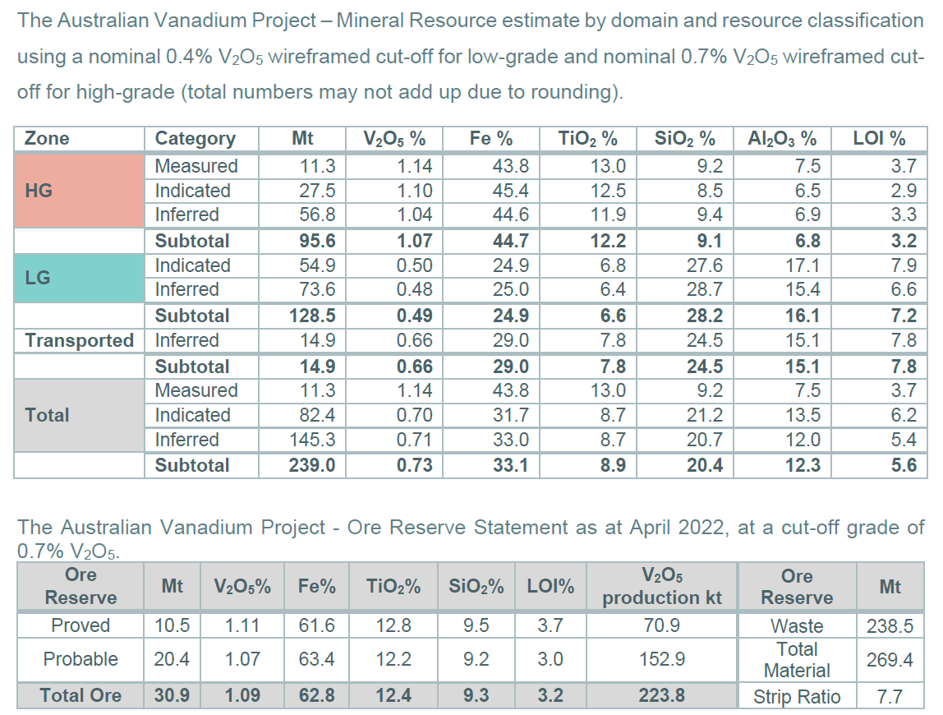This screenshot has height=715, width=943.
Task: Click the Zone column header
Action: point(47,139)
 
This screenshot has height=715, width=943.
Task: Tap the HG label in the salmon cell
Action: point(39,191)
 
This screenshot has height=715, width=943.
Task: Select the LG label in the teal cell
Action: point(38,278)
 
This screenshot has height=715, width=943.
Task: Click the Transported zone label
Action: point(79,341)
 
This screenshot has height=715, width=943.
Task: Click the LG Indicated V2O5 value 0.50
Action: point(414,265)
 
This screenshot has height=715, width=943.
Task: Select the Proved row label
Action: point(80,625)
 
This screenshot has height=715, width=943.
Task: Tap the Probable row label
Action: point(80,659)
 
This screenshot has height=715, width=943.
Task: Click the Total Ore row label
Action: point(80,695)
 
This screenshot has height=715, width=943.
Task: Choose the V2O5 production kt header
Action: point(662,587)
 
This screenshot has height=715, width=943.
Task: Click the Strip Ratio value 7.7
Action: point(889,697)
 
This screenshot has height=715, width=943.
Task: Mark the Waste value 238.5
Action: point(890,626)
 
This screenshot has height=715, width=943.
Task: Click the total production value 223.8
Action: point(662,695)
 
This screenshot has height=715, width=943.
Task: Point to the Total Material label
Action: point(796,660)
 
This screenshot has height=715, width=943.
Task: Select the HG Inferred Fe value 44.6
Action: point(511,215)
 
